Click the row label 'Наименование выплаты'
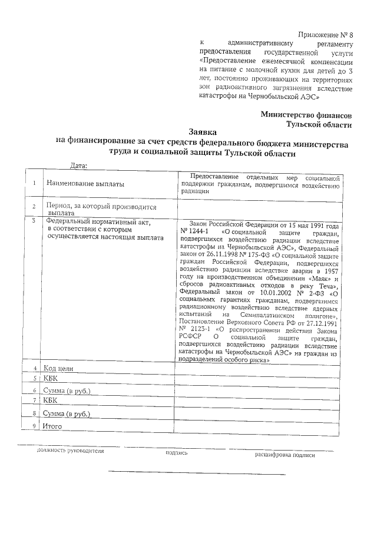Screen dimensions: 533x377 coord(86,184)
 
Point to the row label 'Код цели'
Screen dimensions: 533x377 coord(61,368)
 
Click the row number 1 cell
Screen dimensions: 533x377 coord(35,184)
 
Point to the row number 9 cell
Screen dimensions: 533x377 coord(35,425)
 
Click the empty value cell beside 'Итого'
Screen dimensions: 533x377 coord(259,425)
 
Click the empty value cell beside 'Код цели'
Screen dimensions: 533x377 coord(259,368)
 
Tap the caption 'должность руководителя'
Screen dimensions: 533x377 coord(70,451)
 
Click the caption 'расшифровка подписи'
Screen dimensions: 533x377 coord(285,455)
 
